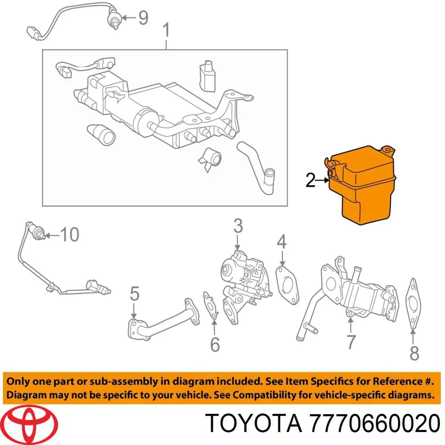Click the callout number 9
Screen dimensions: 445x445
(143, 18)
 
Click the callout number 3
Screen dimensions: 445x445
(238, 226)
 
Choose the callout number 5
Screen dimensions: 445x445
(135, 293)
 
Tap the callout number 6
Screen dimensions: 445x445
(215, 351)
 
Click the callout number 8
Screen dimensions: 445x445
(414, 360)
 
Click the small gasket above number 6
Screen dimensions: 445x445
(211, 306)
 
